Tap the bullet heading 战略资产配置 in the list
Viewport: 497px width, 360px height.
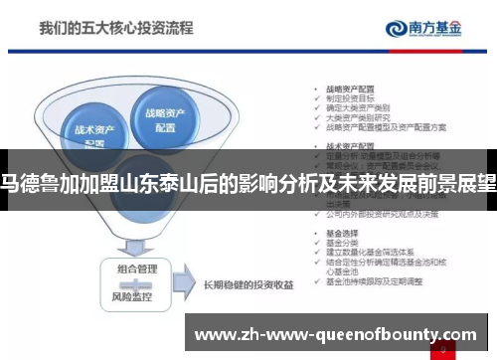click(x=345, y=87)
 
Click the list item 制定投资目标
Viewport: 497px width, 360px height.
click(x=348, y=96)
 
